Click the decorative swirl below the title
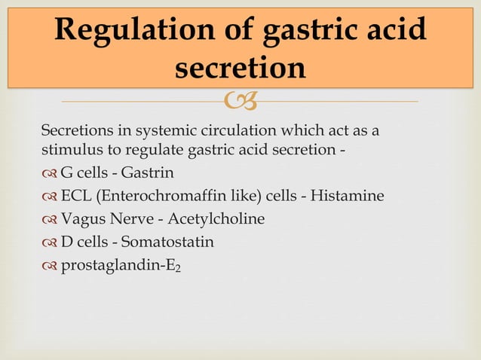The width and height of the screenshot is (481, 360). point(240,100)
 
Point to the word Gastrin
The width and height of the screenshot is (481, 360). point(147,173)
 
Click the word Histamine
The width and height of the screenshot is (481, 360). point(351,197)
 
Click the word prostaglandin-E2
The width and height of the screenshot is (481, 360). point(121,266)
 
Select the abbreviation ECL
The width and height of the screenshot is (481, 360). point(75,197)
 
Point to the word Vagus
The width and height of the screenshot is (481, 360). point(80,219)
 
